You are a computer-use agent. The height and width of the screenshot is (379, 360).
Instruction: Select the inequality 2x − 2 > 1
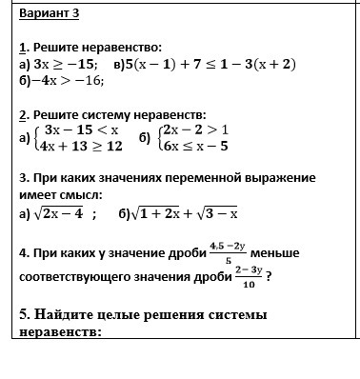pos(195,129)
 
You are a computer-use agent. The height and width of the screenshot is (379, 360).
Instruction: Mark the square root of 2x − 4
pos(59,213)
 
